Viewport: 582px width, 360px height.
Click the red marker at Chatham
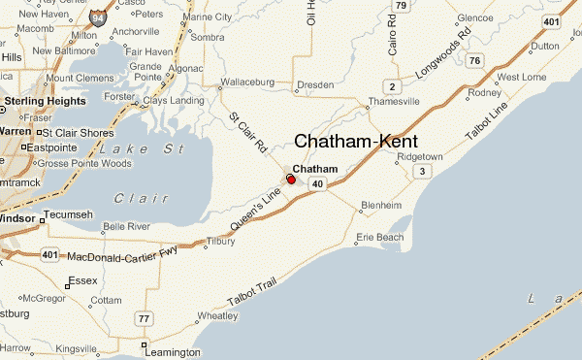coord(291,180)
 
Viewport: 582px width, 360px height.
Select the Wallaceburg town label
coord(250,82)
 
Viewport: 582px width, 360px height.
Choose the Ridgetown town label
coord(420,156)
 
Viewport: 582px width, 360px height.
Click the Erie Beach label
coord(379,238)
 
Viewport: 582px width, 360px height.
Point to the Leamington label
coord(176,352)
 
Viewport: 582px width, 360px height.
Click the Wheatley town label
coord(217,315)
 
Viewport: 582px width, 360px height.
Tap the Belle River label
coord(126,226)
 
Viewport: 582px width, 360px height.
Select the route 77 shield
coord(145,319)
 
